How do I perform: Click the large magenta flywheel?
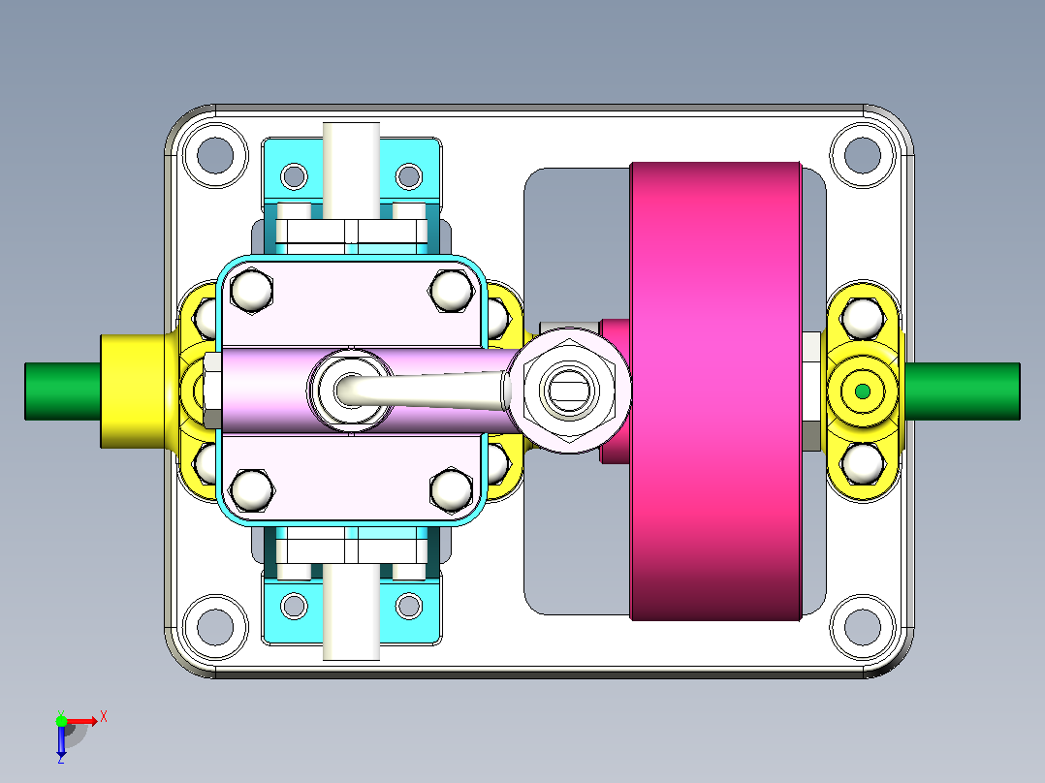tap(715, 391)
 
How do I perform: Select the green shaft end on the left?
tap(63, 391)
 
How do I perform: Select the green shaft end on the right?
tap(963, 391)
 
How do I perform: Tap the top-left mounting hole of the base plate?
tap(215, 155)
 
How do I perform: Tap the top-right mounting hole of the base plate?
tap(863, 155)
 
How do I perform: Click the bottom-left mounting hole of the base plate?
tap(215, 627)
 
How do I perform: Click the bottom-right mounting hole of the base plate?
tap(863, 627)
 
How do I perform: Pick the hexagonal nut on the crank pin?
tap(568, 391)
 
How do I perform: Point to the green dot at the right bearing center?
tap(863, 391)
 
